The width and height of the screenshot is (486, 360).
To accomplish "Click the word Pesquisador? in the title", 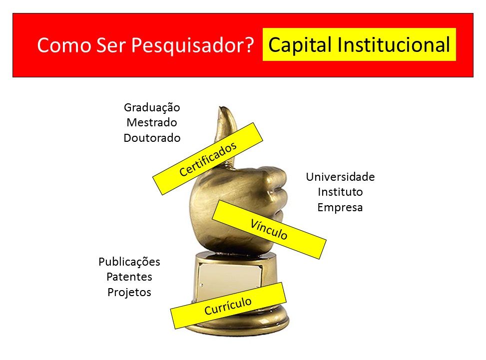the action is (192, 45).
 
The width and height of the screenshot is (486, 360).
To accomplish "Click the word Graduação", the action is (152, 108).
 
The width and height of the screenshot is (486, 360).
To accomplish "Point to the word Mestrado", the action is (152, 122).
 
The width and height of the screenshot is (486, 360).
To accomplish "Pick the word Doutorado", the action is (152, 137).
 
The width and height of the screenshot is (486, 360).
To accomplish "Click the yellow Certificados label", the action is (208, 159).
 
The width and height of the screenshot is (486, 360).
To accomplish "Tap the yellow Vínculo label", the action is (269, 229).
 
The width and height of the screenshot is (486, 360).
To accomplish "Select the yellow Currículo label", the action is (228, 306).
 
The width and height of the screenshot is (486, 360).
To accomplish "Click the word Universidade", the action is (340, 177).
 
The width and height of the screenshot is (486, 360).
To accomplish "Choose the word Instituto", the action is (340, 192).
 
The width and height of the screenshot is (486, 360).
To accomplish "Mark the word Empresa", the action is (340, 207).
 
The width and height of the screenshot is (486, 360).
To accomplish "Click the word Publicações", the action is (129, 262).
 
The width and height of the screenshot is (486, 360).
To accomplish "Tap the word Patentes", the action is (129, 277).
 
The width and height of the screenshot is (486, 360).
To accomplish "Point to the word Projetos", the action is (129, 292).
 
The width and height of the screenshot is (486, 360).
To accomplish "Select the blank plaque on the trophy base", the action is (229, 279).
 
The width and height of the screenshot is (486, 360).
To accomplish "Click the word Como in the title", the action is (64, 45).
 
